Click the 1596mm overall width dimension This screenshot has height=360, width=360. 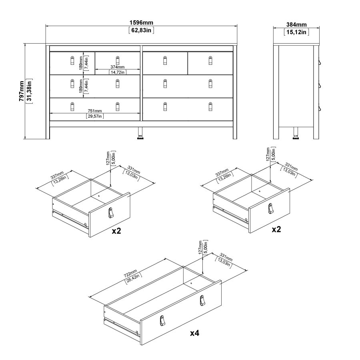tap(141, 23)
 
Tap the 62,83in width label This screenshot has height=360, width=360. tap(141, 30)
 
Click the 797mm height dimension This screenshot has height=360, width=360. tap(22, 92)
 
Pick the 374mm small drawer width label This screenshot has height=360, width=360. tap(117, 67)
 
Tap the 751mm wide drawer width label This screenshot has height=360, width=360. tap(95, 111)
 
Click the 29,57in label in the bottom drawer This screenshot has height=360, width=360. tap(95, 116)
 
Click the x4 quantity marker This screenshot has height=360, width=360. tap(194, 333)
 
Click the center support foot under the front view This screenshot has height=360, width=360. tap(141, 134)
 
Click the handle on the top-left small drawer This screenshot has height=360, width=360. tap(72, 61)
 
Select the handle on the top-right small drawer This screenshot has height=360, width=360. tap(210, 61)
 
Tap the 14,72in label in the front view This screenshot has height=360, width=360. tap(117, 72)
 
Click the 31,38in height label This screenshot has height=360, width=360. tap(29, 92)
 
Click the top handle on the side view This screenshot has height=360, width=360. tap(320, 62)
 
